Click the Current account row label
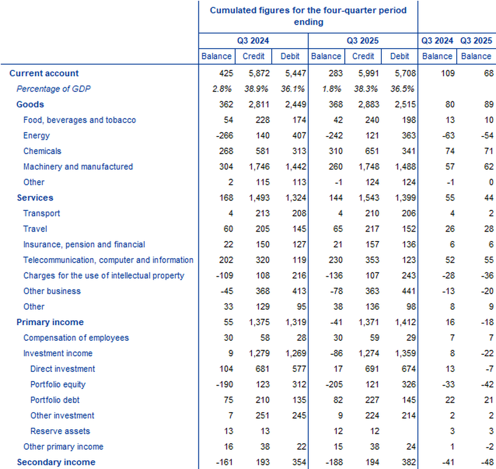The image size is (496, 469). click(44, 73)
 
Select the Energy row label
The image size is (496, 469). click(36, 135)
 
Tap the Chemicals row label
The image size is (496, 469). click(42, 151)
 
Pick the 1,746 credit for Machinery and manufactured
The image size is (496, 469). click(253, 167)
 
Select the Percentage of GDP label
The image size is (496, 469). click(53, 89)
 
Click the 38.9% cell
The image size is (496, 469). click(253, 89)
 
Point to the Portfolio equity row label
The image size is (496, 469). click(58, 384)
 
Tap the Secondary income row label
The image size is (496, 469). click(56, 462)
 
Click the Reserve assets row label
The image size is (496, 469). click(60, 431)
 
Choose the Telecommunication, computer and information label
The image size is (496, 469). click(108, 260)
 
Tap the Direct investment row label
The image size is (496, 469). click(63, 369)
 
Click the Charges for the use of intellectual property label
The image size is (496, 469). click(103, 275)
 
